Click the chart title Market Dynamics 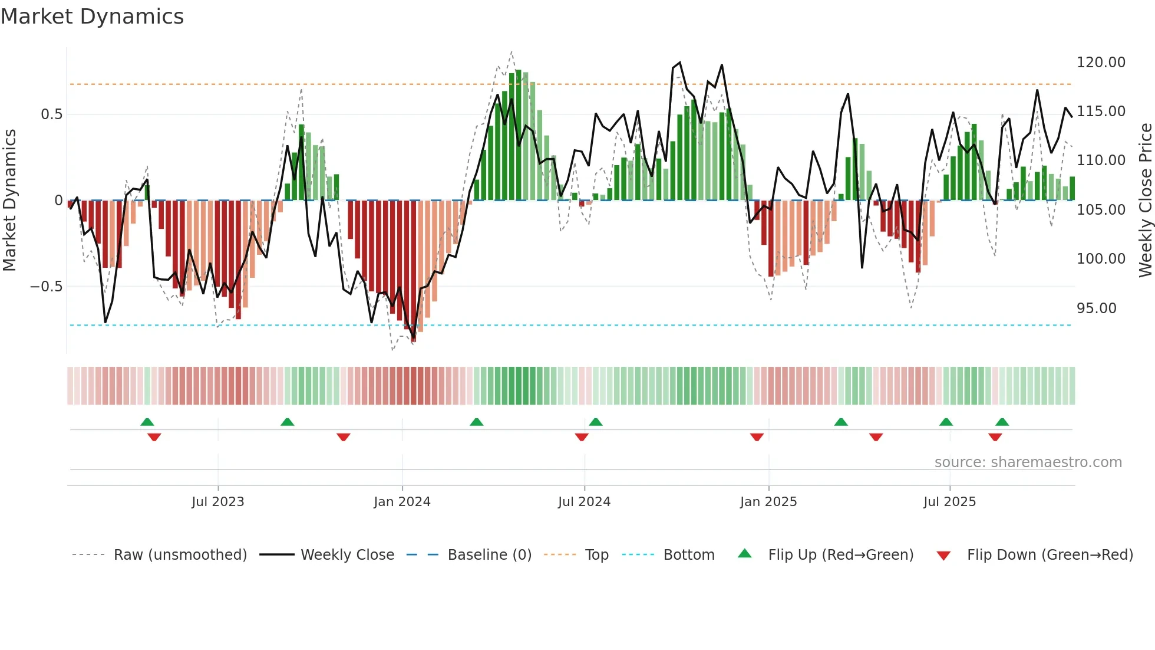(92, 17)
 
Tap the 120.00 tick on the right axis (1100, 63)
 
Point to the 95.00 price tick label (1096, 308)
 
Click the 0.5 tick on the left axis (51, 114)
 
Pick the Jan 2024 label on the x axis (402, 502)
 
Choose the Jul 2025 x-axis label (949, 502)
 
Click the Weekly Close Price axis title (1145, 200)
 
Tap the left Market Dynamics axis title (9, 200)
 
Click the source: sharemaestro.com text (1028, 462)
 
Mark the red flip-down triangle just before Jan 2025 (757, 437)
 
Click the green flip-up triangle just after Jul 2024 (595, 422)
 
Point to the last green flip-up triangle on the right (1002, 422)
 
